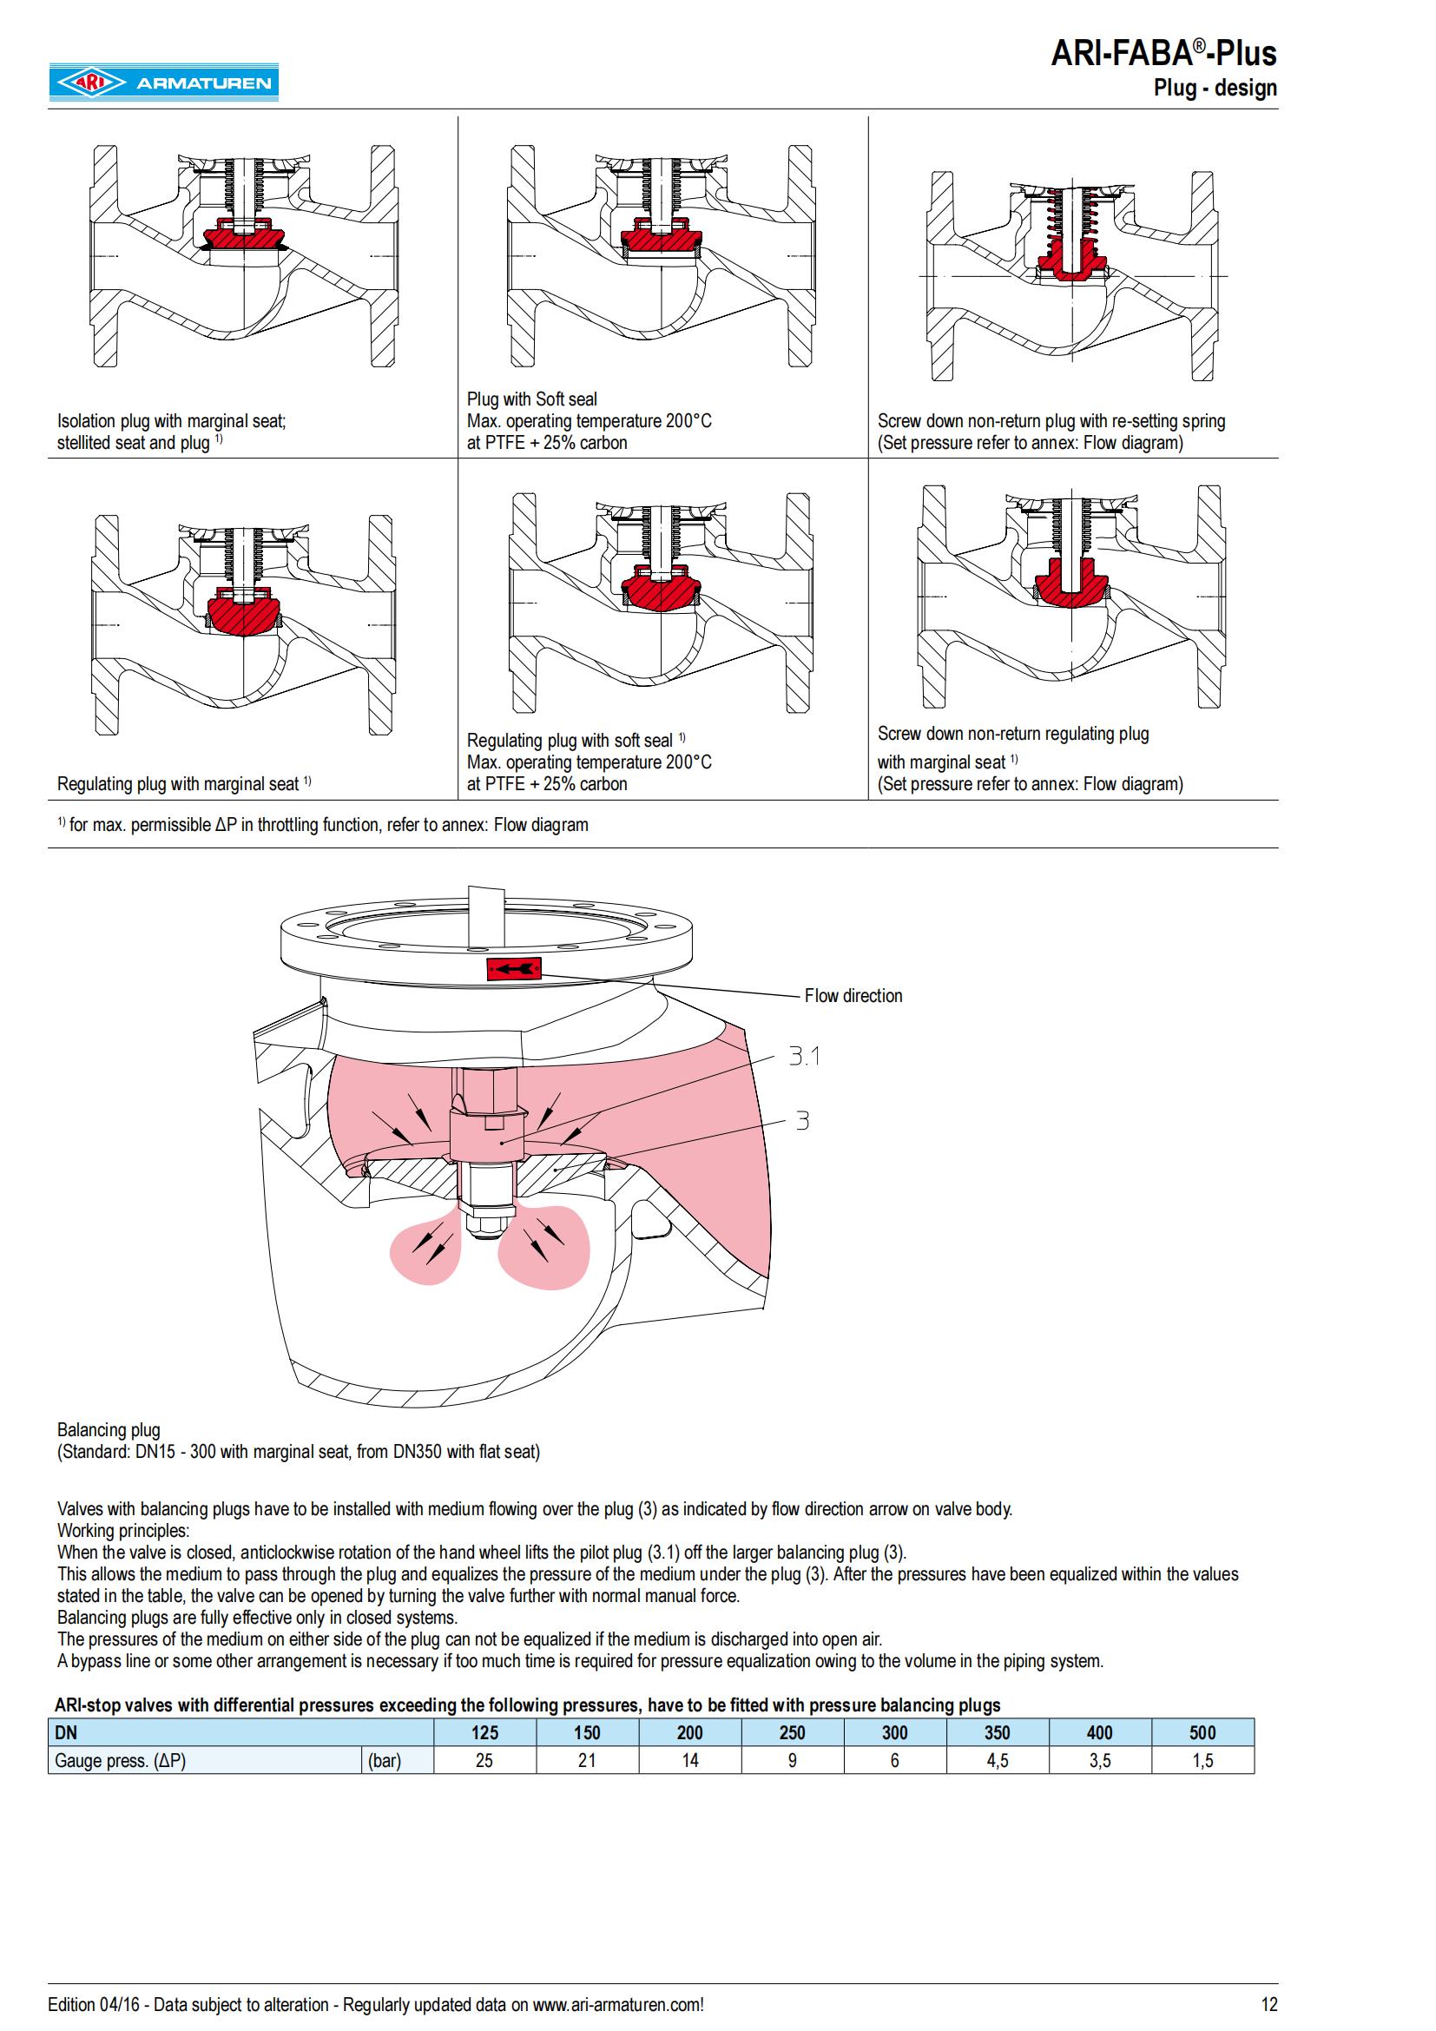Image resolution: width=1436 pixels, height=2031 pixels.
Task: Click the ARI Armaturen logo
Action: click(x=163, y=82)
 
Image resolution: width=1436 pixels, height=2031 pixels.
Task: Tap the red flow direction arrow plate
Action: click(x=514, y=970)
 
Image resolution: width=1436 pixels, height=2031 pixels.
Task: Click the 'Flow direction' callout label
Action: click(x=853, y=995)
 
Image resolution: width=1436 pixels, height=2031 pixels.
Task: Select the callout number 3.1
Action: click(x=804, y=1055)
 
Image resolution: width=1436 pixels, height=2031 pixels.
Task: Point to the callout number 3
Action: click(x=802, y=1121)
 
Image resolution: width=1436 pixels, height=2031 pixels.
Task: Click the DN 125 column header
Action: click(x=484, y=1732)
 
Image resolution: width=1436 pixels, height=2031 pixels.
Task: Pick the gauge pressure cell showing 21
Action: click(x=587, y=1760)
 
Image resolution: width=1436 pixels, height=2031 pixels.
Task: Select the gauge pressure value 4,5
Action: click(x=998, y=1760)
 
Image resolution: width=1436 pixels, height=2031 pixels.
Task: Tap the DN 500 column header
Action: click(x=1202, y=1732)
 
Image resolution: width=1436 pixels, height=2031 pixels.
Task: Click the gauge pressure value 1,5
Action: click(x=1202, y=1760)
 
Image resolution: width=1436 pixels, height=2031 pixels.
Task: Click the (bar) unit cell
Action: click(x=385, y=1760)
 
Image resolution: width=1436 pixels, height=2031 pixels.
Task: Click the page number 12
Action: click(x=1269, y=2004)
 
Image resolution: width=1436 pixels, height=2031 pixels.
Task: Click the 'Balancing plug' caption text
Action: click(x=109, y=1429)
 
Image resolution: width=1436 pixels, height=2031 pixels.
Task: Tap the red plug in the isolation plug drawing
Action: click(x=241, y=237)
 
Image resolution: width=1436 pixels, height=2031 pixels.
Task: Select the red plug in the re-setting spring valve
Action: click(x=1070, y=262)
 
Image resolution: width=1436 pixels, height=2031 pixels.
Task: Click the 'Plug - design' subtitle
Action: click(x=1215, y=88)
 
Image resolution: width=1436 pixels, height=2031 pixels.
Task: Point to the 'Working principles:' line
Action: click(x=123, y=1530)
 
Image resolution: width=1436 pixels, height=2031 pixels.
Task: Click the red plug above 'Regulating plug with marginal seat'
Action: click(x=243, y=610)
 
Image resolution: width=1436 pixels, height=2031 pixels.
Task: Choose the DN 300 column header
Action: click(x=895, y=1732)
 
